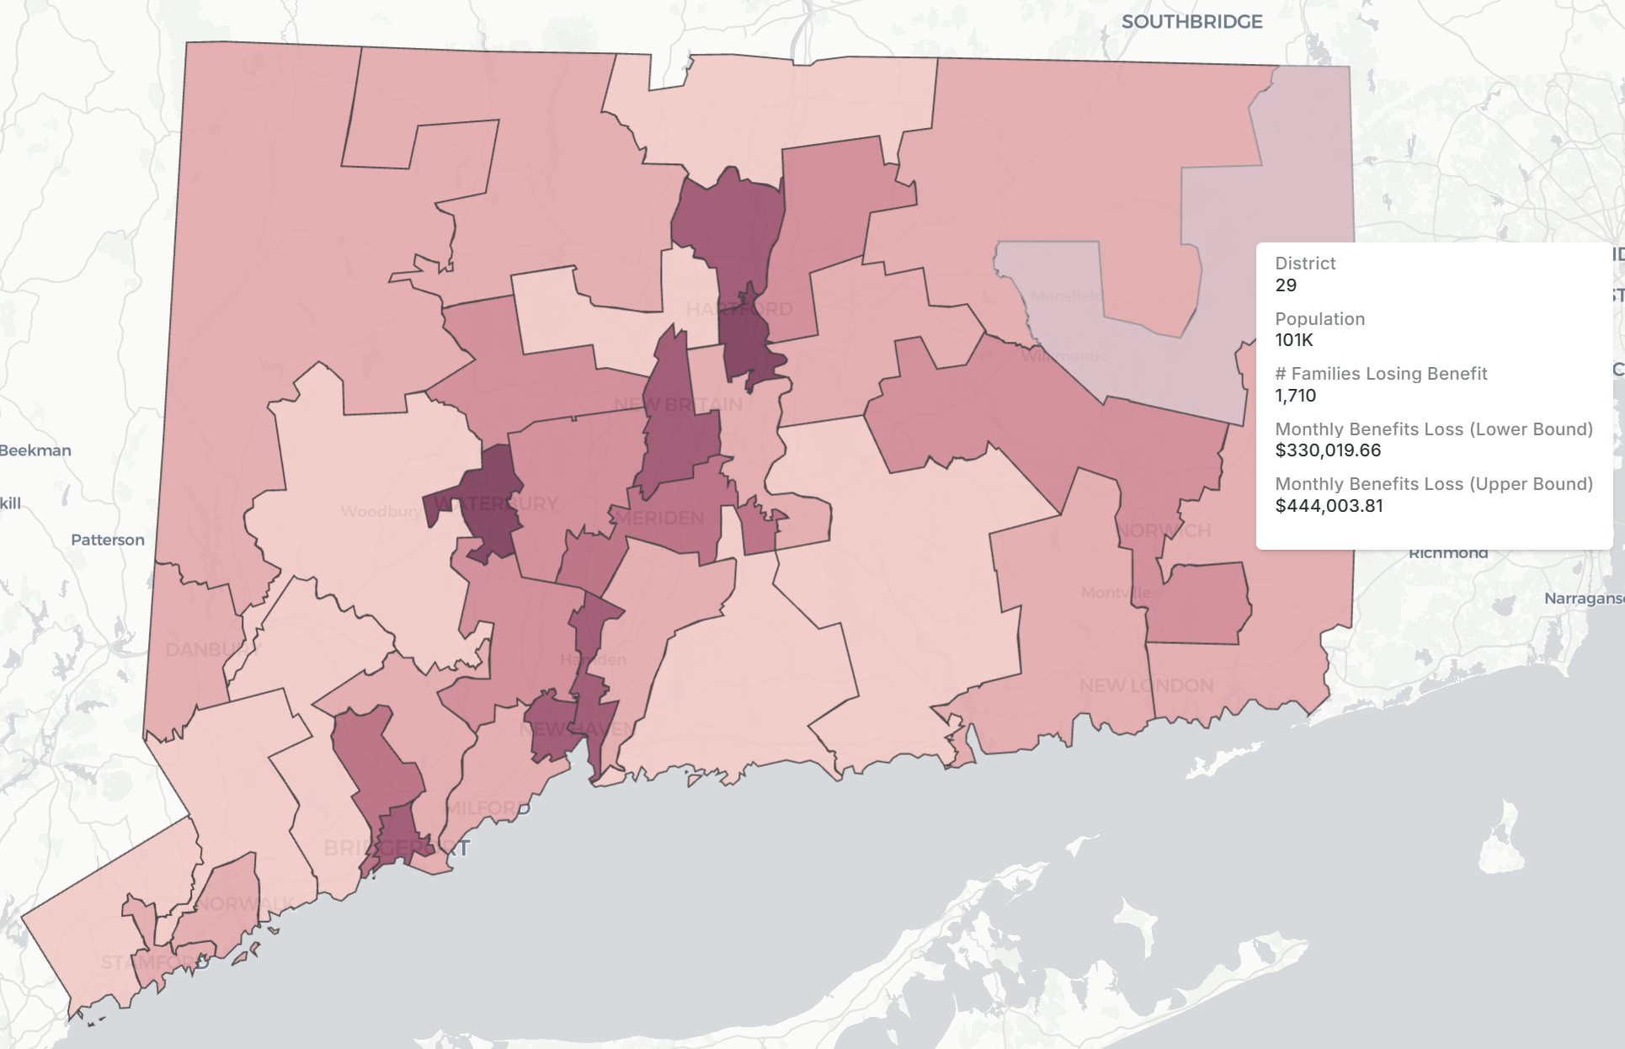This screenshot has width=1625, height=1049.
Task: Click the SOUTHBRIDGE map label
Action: coord(1191,22)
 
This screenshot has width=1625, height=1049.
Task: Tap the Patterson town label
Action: coord(107,540)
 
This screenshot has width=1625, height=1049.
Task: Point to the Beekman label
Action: coord(35,450)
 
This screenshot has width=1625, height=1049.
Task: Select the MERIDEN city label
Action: coord(659,518)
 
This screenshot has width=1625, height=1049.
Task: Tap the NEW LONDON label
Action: coord(1146,685)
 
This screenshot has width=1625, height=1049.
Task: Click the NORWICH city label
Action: coord(1165,530)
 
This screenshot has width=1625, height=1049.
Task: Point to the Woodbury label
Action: coord(381,511)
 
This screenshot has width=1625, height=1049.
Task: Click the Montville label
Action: coord(1116,593)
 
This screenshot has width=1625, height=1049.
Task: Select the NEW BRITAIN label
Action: coord(678,404)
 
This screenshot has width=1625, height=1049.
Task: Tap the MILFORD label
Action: coord(488,808)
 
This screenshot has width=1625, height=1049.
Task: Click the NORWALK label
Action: coord(245,904)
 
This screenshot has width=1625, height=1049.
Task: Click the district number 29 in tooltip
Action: coord(1286,285)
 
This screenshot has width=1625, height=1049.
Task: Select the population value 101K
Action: coord(1294,340)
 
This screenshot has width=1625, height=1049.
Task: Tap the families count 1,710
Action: coord(1295,396)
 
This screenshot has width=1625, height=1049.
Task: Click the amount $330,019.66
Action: coord(1328,450)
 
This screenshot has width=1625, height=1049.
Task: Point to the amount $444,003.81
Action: coord(1329,506)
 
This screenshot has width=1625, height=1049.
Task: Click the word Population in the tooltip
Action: coord(1319,319)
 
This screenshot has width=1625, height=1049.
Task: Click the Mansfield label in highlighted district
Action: coord(1066,296)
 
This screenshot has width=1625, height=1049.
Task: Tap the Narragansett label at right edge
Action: coord(1583,599)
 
